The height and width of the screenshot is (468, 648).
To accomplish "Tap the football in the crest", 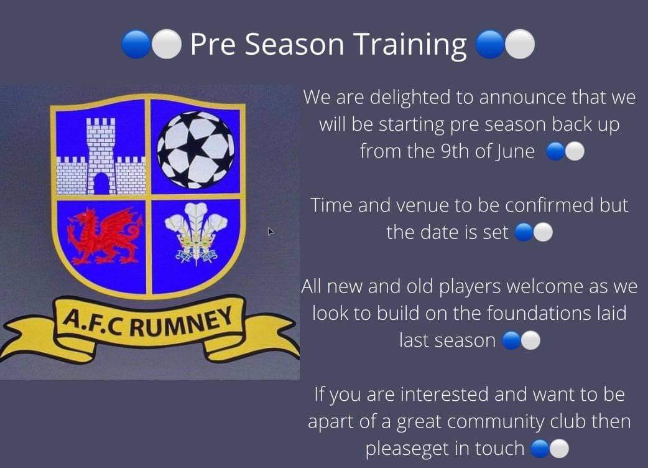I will (195, 149).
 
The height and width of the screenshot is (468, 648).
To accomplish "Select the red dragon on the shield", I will (103, 236).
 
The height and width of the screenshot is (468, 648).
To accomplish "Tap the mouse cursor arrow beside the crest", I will (271, 232).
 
